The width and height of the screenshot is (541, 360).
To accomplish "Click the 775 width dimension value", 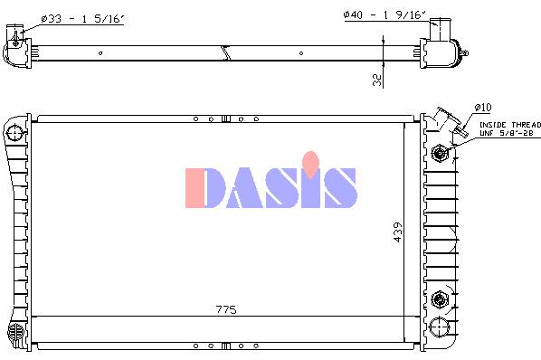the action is (226, 309).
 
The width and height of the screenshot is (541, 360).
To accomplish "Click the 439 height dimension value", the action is (398, 232).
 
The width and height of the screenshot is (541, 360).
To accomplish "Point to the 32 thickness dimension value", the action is (377, 80).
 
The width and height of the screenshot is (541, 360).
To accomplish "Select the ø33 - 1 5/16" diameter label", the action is (82, 18).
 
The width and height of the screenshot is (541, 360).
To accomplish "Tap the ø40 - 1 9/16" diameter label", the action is (384, 14).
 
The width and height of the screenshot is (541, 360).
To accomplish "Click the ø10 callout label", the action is (483, 108).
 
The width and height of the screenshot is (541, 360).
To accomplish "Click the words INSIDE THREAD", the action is (510, 125).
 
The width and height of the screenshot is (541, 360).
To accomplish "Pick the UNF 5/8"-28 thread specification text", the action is (507, 133).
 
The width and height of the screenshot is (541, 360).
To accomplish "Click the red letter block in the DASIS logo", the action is (195, 188).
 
